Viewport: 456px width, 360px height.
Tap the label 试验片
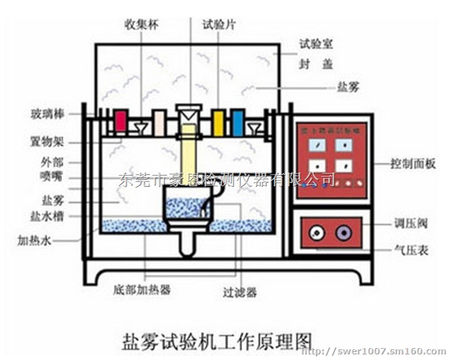point(218,26)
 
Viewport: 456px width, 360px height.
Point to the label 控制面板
point(413,164)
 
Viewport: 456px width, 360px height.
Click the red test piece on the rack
point(120,122)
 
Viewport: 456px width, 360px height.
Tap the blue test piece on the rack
point(238,122)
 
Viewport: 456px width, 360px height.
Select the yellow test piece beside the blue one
point(218,122)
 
